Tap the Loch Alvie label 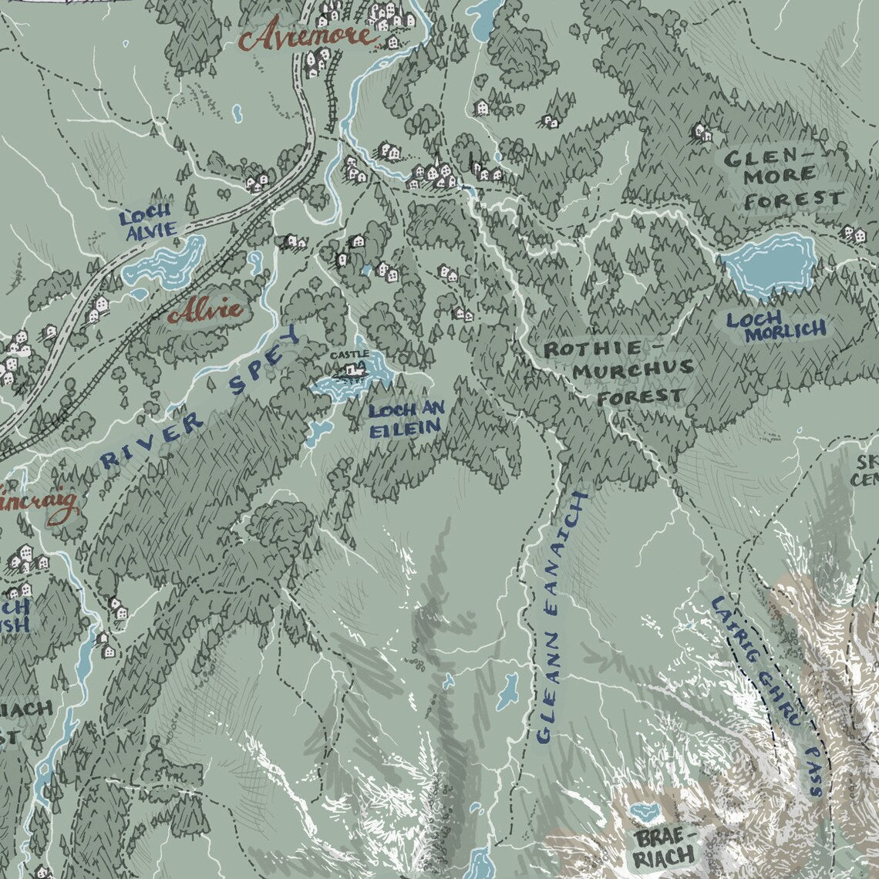click(148, 221)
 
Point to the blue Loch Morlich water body click(768, 263)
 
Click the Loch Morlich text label click(776, 325)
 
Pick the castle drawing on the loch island click(353, 371)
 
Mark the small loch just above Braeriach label click(642, 812)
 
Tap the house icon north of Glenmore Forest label click(702, 133)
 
